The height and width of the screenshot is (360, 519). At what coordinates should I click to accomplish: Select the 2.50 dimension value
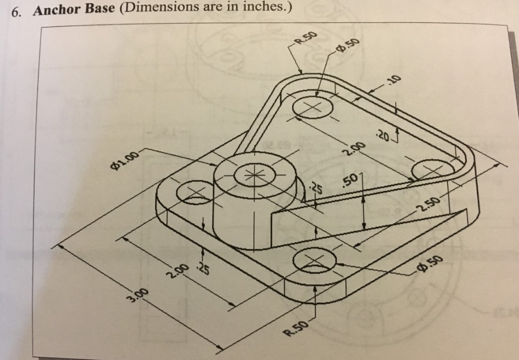click(427, 201)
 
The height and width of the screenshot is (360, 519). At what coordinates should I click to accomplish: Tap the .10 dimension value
click(393, 80)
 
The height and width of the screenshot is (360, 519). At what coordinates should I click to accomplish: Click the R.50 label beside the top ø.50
click(307, 39)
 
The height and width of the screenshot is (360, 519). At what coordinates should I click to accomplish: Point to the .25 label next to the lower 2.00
click(202, 268)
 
